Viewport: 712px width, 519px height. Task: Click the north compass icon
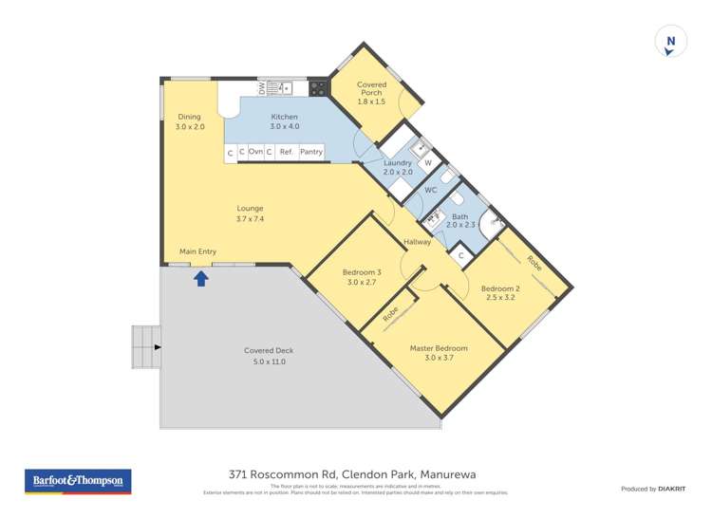coord(671,42)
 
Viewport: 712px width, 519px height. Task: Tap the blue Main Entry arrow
coord(201,278)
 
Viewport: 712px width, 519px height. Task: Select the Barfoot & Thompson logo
coord(78,482)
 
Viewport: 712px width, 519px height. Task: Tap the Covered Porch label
coord(371,88)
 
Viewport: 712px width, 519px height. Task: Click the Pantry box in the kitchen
coord(311,152)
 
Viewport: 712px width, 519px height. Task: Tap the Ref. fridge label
coord(286,152)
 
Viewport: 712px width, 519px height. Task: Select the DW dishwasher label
coord(261,87)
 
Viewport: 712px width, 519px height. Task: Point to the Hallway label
coord(418,243)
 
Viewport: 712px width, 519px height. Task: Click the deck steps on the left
coord(145,347)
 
